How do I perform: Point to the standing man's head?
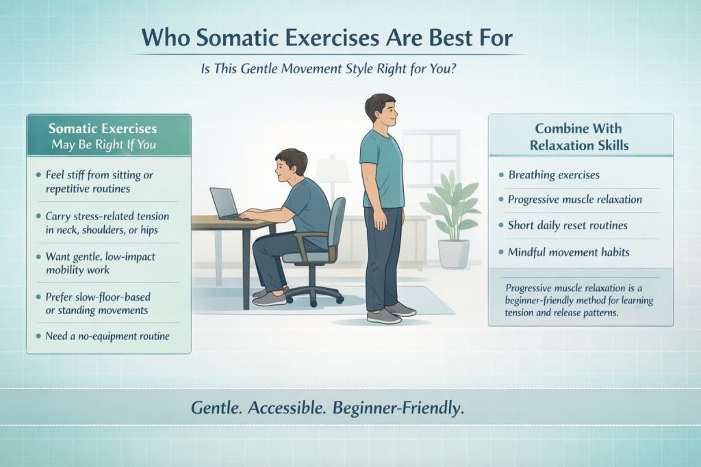pos(379,110)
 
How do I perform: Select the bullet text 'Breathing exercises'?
pos(553,174)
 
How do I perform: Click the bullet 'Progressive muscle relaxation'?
pos(574,200)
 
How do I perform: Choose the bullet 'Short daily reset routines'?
pos(568,226)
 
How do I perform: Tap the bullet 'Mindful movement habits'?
pos(568,252)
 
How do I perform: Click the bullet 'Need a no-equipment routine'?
pos(107,336)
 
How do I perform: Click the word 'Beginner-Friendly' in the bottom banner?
pos(398,408)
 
